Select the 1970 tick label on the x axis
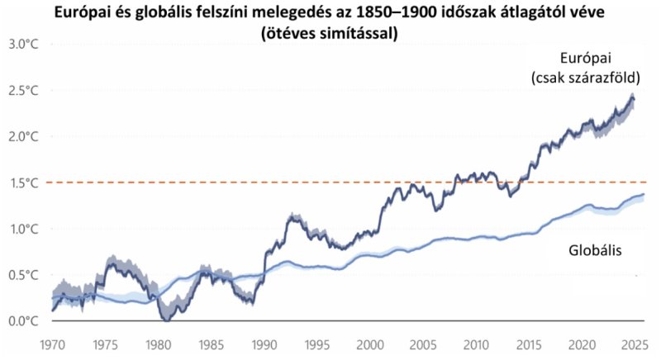click(53, 340)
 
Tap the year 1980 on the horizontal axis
click(158, 340)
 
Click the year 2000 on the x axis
click(370, 340)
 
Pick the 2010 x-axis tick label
click(476, 340)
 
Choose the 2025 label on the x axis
click(634, 340)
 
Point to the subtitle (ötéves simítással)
click(330, 35)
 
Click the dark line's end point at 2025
click(635, 98)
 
